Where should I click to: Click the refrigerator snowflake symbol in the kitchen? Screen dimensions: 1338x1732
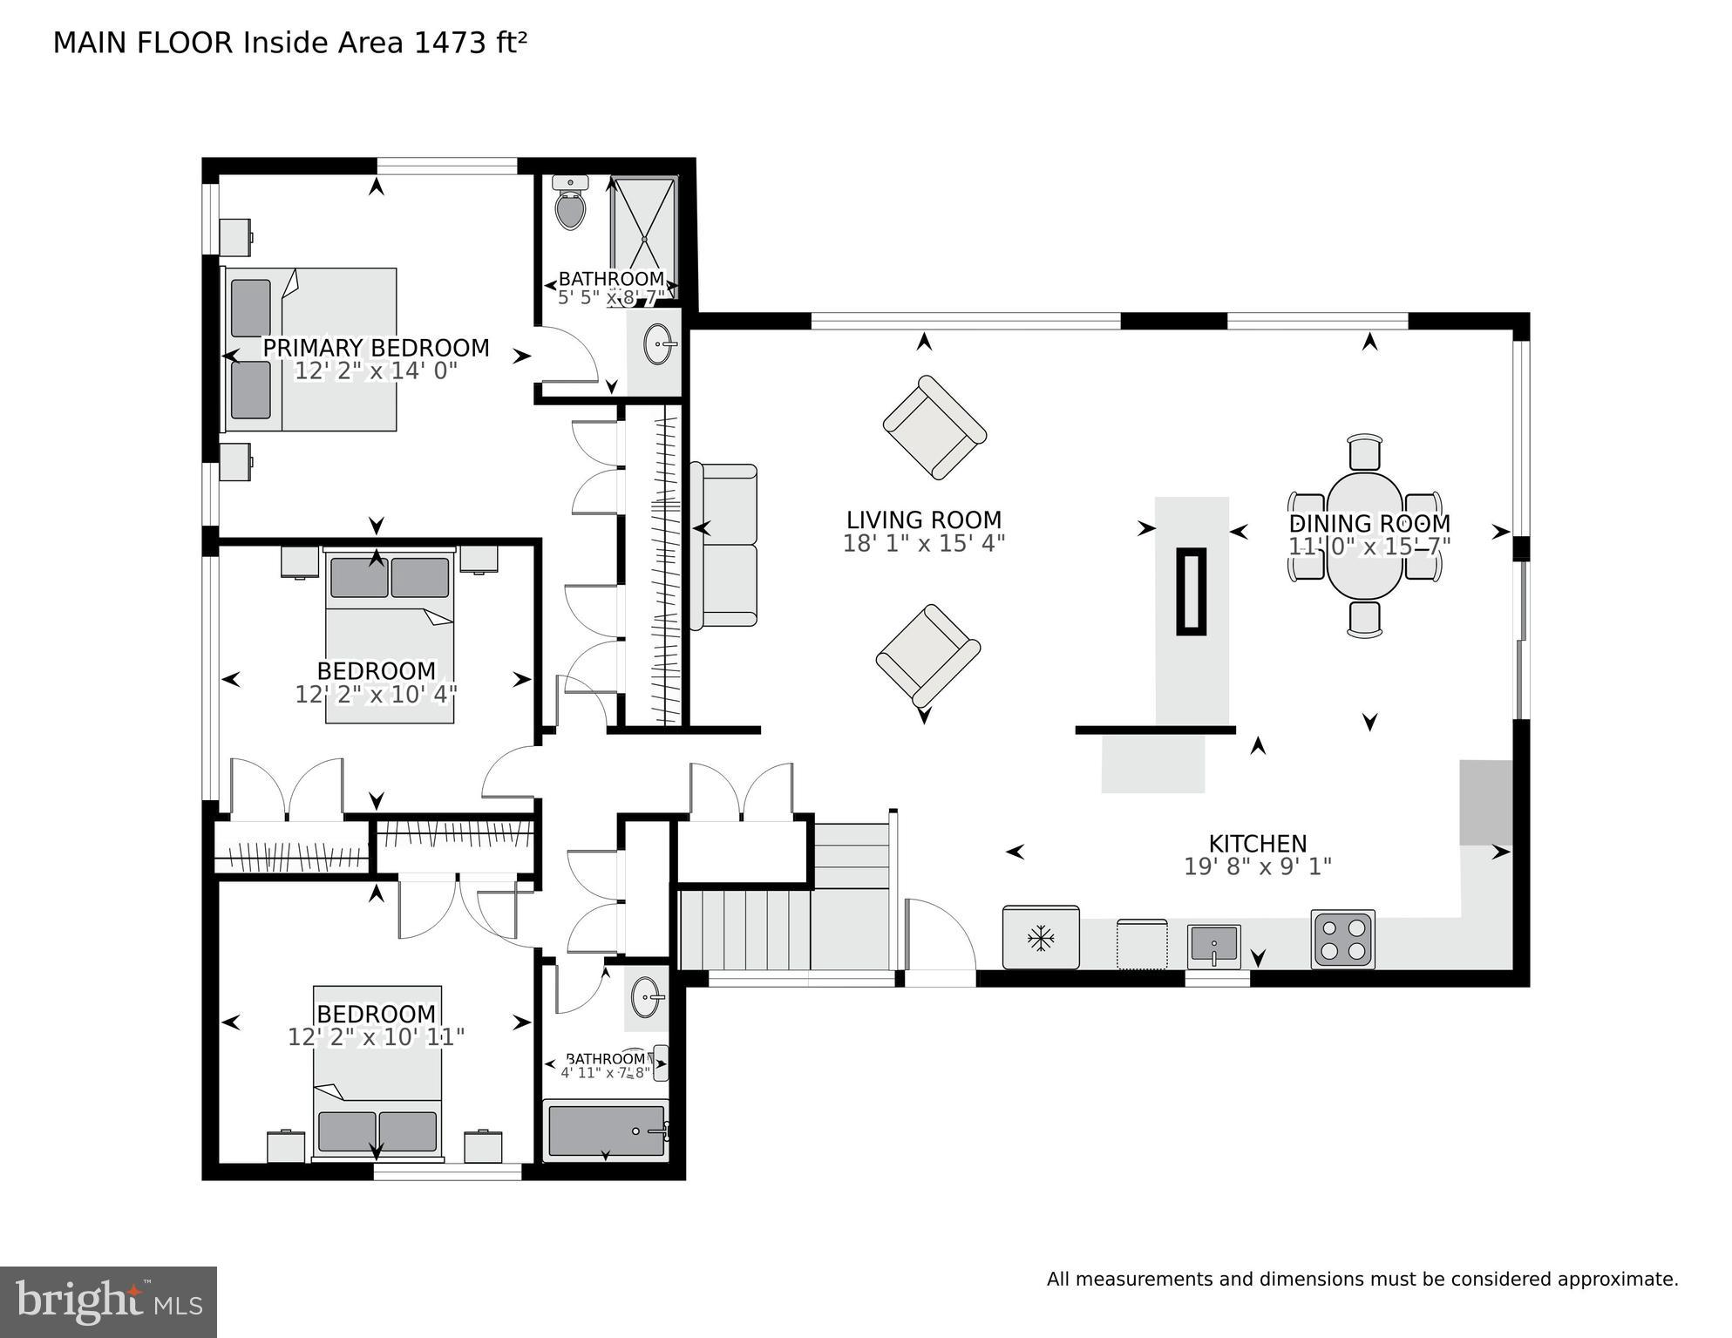click(x=1040, y=939)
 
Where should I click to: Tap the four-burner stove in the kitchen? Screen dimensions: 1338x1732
click(x=1342, y=940)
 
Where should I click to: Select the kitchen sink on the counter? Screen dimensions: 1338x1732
click(x=1213, y=947)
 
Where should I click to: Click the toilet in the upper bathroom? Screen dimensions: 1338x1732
click(x=571, y=206)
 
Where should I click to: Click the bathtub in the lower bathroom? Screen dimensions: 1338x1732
click(x=605, y=1131)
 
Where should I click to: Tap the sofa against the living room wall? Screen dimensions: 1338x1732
click(x=723, y=546)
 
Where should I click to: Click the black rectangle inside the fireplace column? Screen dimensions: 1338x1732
click(x=1191, y=591)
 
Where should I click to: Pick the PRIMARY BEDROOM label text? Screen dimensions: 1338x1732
click(x=376, y=348)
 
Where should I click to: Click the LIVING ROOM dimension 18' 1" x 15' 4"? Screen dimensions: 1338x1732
click(x=923, y=544)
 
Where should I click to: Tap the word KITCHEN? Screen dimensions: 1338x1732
click(x=1257, y=844)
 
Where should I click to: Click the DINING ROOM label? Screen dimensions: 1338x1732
click(x=1369, y=523)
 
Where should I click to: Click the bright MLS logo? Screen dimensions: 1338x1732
click(x=108, y=1302)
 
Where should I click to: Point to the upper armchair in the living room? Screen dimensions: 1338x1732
click(x=934, y=427)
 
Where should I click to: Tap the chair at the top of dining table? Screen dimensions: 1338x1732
click(x=1364, y=452)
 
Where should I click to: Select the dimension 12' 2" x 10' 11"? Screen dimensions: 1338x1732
click(x=376, y=1037)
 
